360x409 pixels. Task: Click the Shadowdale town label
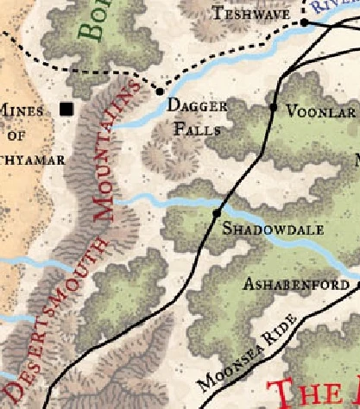coord(261,230)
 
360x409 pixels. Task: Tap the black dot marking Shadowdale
coord(218,211)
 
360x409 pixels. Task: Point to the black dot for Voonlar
coord(274,108)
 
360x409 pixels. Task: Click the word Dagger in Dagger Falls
coord(196,107)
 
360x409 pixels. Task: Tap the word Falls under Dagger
coord(198,130)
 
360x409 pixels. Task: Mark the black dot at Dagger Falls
coord(160,91)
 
